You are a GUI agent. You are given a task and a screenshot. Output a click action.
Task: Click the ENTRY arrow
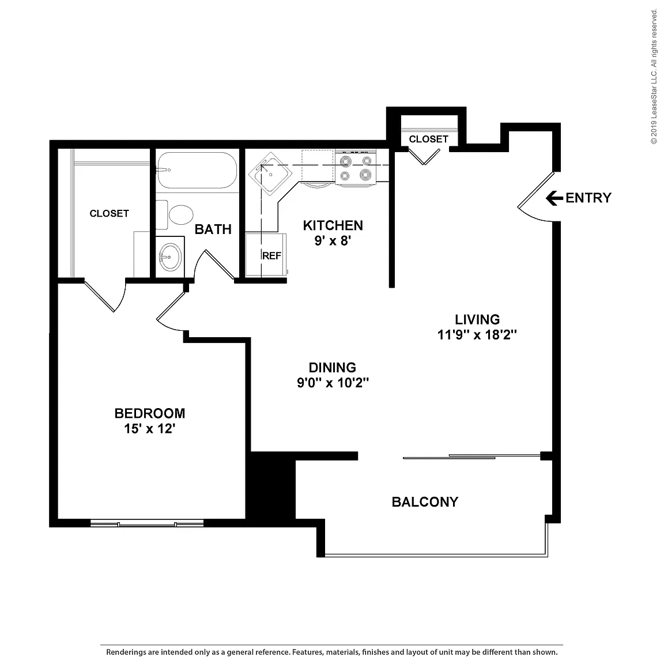(554, 198)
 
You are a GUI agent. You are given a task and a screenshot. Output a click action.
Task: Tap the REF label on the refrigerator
(271, 256)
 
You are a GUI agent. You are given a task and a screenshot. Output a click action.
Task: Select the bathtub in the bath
(197, 170)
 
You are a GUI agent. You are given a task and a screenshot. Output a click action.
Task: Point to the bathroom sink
(170, 256)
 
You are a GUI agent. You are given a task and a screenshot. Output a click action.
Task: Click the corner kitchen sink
(270, 173)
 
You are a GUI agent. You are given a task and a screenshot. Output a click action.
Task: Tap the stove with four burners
(356, 167)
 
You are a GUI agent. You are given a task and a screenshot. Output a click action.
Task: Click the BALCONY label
(425, 502)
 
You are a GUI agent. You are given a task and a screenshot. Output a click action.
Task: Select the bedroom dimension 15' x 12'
(149, 429)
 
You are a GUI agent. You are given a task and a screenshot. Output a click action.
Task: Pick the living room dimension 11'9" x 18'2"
(477, 335)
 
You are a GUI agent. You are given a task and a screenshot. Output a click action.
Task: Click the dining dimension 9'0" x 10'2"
(333, 383)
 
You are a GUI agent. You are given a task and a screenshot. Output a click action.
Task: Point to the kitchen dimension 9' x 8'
(333, 240)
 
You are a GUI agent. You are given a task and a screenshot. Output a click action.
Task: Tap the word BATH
(213, 229)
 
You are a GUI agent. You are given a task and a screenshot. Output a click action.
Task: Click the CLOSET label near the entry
(428, 139)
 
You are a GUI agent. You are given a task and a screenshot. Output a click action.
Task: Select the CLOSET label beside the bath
(109, 213)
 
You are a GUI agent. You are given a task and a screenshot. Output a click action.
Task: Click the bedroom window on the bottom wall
(147, 524)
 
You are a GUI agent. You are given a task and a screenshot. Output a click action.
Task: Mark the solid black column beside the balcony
(271, 485)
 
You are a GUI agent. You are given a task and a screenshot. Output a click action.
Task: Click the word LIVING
(477, 319)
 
